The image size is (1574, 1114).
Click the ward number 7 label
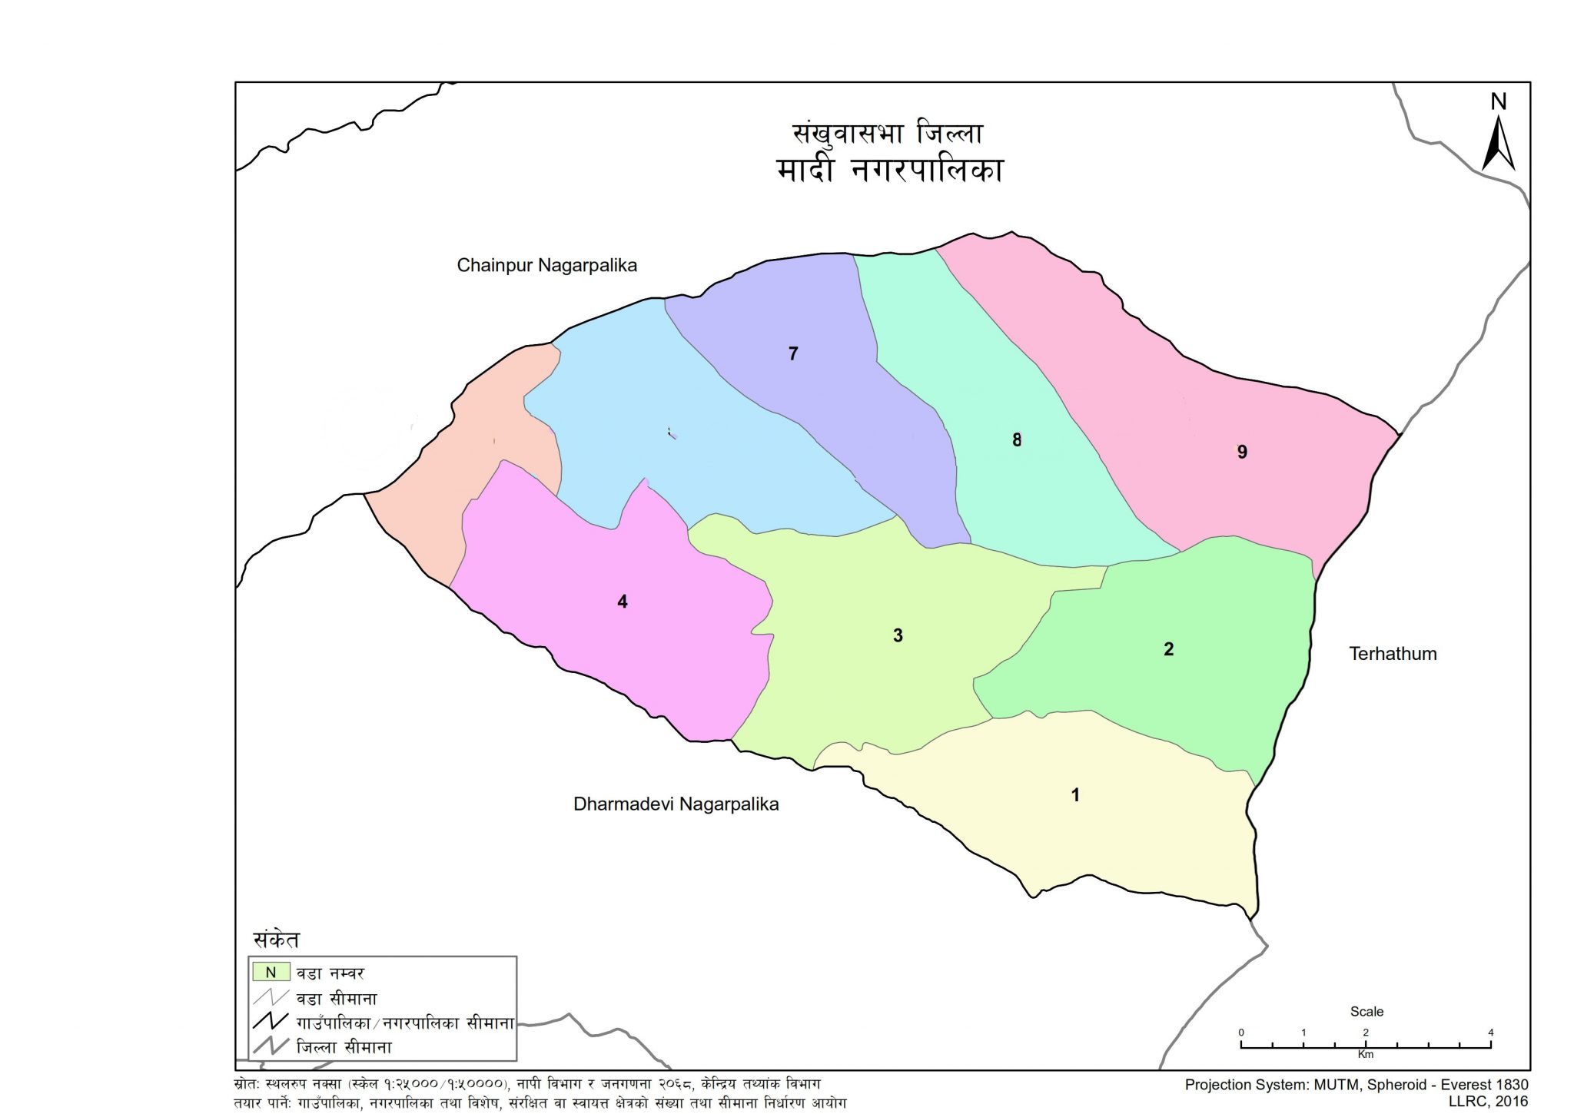click(793, 353)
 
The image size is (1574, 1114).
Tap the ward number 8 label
click(1017, 440)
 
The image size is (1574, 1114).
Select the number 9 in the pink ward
click(1242, 453)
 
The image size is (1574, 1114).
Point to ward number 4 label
click(623, 602)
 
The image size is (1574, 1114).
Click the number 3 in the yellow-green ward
click(898, 635)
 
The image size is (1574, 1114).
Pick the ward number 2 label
click(1168, 649)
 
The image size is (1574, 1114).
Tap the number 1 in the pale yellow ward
click(1075, 795)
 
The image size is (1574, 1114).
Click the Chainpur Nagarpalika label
click(546, 266)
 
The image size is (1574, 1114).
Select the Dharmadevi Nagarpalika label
click(676, 804)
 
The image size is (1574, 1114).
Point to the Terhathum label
click(1393, 654)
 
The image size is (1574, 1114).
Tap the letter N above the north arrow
click(1498, 101)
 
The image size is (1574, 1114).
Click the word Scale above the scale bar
click(1366, 1012)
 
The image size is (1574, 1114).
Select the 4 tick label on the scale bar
click(1490, 1033)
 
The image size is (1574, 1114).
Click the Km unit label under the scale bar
click(1366, 1055)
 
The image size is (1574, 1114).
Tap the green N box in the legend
click(271, 973)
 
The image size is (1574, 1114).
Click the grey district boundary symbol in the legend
click(271, 1046)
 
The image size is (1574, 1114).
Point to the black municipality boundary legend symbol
click(271, 1023)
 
